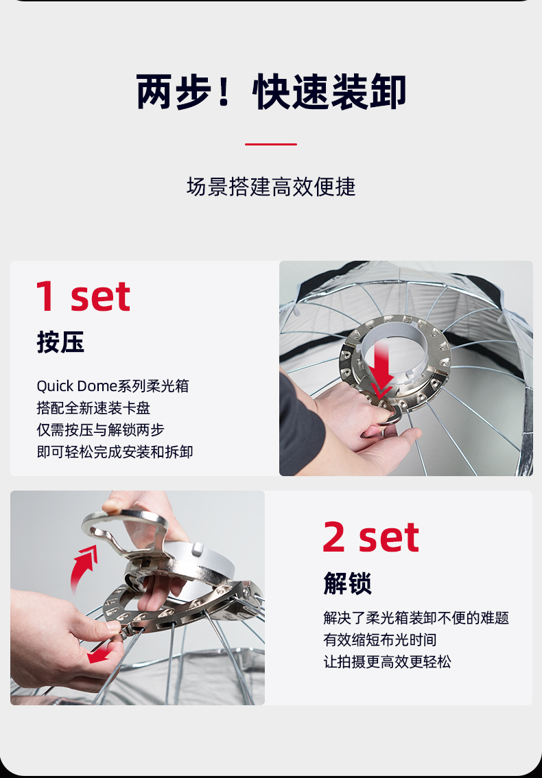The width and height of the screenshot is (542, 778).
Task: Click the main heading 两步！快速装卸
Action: (x=271, y=92)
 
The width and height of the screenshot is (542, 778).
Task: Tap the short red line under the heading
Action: (x=271, y=144)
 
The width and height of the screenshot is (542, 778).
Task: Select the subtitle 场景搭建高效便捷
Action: (x=271, y=187)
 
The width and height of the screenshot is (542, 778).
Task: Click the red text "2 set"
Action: (x=370, y=537)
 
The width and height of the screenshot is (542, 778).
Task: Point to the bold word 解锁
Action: (x=347, y=583)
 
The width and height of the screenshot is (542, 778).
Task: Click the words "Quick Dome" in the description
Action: (x=76, y=386)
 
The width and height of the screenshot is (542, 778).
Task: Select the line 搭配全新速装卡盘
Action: (x=93, y=408)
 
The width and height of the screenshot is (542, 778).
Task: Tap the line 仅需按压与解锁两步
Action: (x=100, y=430)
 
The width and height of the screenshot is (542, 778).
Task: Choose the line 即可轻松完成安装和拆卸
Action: (x=115, y=452)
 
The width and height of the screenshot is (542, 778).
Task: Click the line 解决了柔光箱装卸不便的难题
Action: (x=416, y=618)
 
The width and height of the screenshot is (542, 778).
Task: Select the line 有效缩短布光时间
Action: (x=379, y=640)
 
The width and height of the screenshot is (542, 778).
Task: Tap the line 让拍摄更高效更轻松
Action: (x=387, y=662)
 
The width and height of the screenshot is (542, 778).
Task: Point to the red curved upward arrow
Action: (x=84, y=567)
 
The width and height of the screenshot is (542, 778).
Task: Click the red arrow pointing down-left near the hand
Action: (x=99, y=652)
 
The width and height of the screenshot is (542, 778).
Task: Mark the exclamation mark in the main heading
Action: (x=223, y=92)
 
